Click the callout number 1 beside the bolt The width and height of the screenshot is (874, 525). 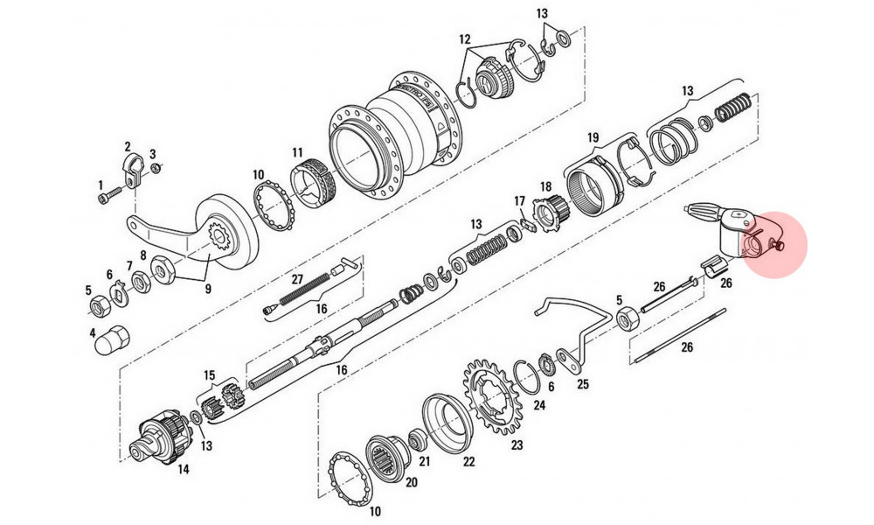(x=101, y=185)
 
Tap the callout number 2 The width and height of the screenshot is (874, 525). (x=128, y=146)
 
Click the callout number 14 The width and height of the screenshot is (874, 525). (x=184, y=469)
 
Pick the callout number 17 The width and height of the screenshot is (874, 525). (x=518, y=201)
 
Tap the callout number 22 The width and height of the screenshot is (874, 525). (x=469, y=463)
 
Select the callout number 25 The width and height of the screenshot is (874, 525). (x=584, y=383)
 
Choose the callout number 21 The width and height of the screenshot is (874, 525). (x=426, y=461)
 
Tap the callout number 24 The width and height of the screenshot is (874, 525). (x=539, y=405)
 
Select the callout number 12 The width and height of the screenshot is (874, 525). (x=464, y=40)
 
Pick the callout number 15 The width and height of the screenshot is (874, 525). (x=209, y=374)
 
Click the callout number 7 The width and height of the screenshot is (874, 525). (x=131, y=265)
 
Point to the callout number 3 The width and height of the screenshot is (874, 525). (x=153, y=152)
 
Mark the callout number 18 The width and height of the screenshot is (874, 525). (x=546, y=186)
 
